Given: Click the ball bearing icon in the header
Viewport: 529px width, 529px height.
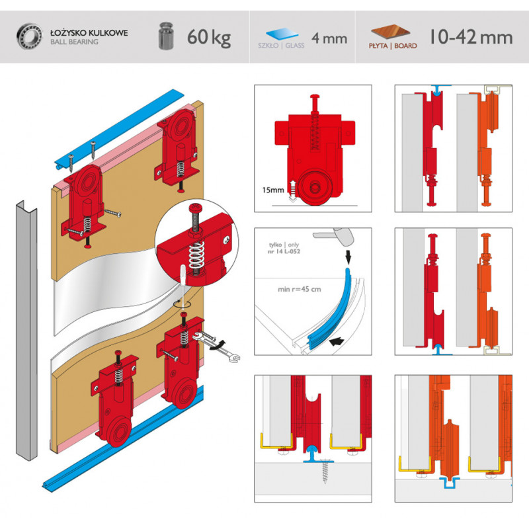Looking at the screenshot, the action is (x=29, y=36).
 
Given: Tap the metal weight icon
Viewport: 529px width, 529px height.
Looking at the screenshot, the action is (x=166, y=36).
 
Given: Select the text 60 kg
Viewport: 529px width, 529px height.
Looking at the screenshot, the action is (x=209, y=38).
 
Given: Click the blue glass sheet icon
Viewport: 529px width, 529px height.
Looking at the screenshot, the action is (x=282, y=34).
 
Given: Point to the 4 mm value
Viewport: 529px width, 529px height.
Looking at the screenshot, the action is (x=329, y=38).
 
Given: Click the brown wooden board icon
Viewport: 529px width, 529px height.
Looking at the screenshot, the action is (x=390, y=32).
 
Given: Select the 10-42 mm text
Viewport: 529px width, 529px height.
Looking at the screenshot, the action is (x=471, y=37).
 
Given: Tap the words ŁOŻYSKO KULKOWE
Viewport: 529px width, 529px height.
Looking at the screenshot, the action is (x=89, y=32).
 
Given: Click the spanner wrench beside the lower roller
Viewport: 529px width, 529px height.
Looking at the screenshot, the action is (x=217, y=346).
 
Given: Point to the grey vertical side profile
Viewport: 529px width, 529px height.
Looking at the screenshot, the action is (x=26, y=331).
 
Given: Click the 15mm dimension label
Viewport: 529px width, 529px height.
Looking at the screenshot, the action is (x=273, y=190).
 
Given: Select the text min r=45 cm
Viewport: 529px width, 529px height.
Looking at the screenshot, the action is (x=300, y=289).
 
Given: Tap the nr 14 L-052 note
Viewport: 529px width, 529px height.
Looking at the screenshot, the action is (x=284, y=251).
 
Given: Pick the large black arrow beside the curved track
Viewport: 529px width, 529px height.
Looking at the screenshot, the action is (x=337, y=341).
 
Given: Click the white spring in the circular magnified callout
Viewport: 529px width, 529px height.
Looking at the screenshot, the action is (x=196, y=257).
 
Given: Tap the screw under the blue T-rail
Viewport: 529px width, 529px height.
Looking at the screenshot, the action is (x=325, y=471).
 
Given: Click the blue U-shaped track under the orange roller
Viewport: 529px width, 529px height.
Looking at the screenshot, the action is (x=450, y=483).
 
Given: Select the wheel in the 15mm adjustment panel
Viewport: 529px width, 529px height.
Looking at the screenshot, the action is (x=315, y=188).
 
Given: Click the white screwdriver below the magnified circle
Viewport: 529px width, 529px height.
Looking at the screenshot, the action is (x=183, y=286).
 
